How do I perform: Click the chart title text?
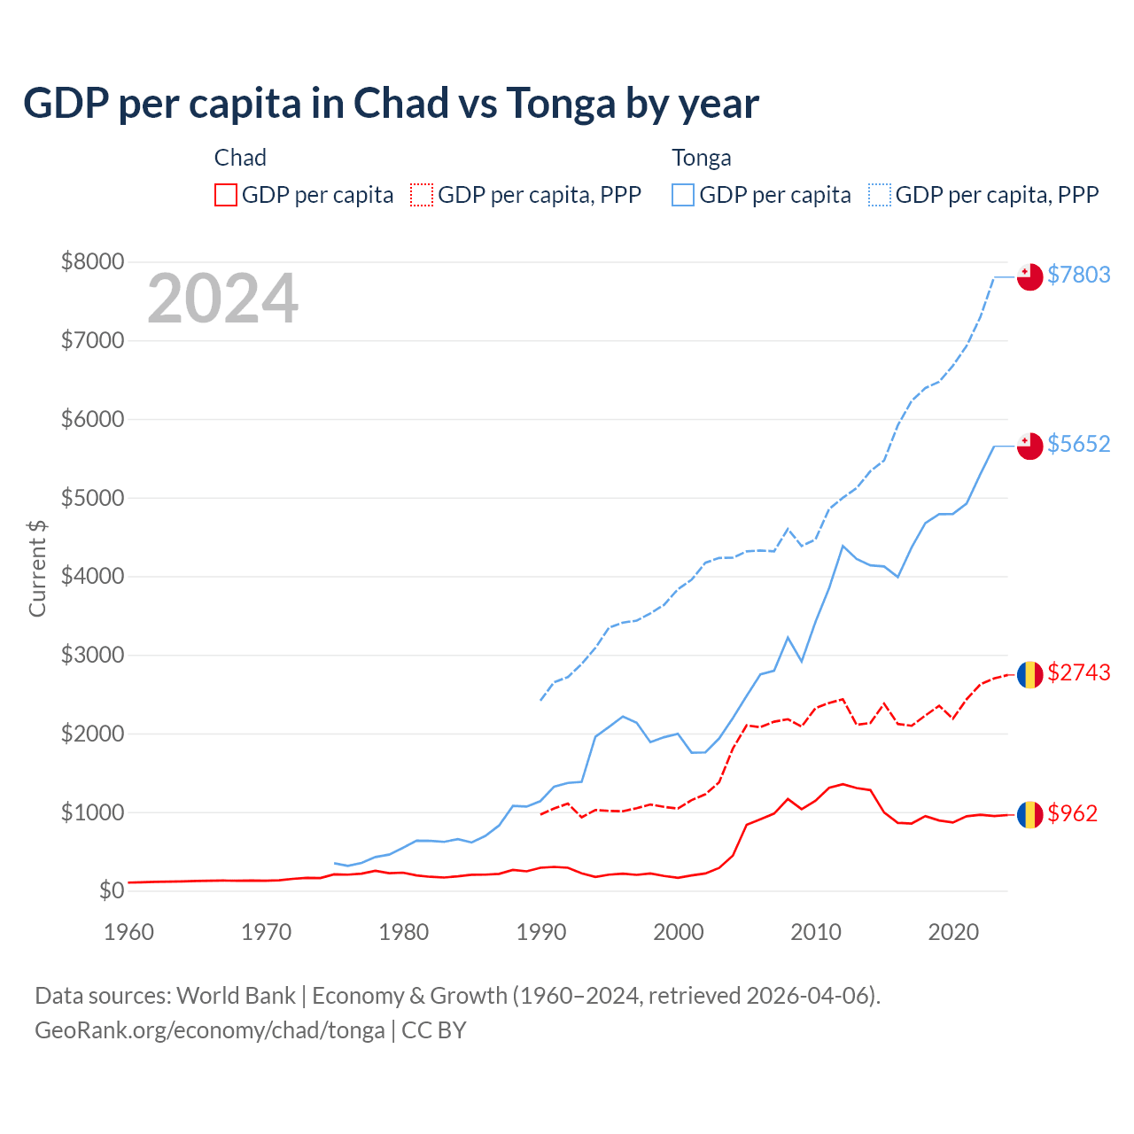391,104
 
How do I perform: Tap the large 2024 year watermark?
222,299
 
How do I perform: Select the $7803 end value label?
1078,275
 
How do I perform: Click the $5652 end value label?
1078,444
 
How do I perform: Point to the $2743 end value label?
1078,672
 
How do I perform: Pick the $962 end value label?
1072,813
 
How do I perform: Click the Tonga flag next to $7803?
1029,277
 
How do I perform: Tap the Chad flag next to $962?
1029,815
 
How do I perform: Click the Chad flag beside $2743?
1029,675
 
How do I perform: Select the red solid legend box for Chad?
226,195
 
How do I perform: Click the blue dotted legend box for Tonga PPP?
880,195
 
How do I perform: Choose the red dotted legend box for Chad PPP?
423,195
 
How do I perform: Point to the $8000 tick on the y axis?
92,261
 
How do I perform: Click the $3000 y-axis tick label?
92,655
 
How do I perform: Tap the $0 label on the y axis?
111,890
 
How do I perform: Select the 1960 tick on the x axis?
129,932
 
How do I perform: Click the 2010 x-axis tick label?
815,932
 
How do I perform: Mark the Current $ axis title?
37,568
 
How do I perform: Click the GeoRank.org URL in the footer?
209,1030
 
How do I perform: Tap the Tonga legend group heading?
701,158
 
